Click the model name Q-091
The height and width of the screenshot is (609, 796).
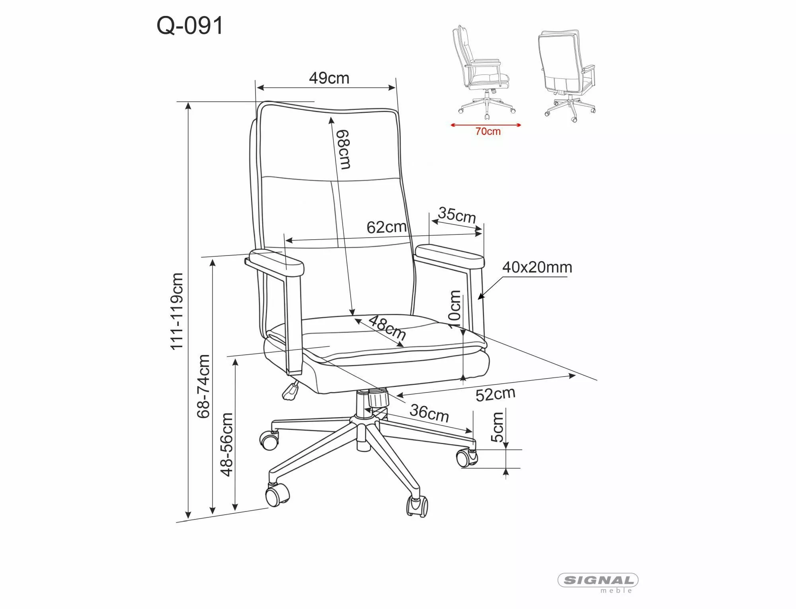pos(190,26)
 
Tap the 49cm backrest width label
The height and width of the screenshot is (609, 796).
pos(329,78)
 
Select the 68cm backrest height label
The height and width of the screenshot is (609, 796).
pos(343,149)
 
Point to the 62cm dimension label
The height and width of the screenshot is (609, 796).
pos(386,227)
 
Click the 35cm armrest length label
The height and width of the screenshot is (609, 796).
pos(457,215)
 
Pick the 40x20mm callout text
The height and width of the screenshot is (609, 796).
pos(537,267)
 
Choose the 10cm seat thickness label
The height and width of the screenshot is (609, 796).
pos(455,309)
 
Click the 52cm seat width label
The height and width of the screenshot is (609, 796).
pos(496,394)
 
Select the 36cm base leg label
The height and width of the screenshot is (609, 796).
pos(429,413)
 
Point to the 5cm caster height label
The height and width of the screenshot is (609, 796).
pos(497,427)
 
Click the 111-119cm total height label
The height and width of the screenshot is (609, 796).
pos(177,311)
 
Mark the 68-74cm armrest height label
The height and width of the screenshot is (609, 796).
pos(203,386)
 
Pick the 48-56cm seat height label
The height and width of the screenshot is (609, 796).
pos(226,444)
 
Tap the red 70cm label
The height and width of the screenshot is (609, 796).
pos(488,131)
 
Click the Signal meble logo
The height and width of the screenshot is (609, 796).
pos(598,582)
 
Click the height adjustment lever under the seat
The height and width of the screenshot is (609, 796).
pos(291,390)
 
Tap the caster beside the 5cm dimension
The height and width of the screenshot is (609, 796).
pos(466,458)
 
